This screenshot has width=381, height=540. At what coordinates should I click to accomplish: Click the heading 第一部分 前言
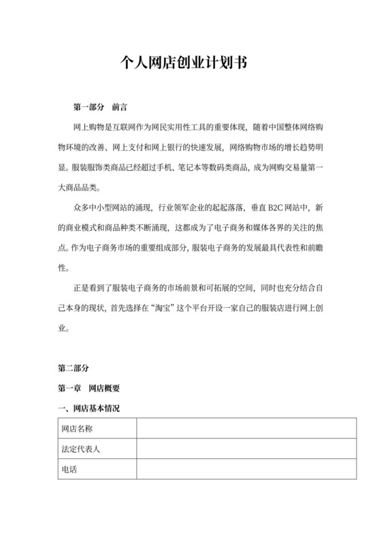101,108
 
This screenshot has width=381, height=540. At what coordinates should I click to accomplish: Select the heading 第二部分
73,368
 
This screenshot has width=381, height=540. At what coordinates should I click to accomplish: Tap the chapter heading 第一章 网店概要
89,389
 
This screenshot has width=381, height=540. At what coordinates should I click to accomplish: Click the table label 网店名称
77,430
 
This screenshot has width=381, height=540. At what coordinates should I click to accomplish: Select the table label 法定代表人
82,450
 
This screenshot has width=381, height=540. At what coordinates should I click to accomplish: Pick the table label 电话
69,470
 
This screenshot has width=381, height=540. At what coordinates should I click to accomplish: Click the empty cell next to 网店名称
246,430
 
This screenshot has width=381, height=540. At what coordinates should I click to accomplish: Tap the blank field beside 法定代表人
246,450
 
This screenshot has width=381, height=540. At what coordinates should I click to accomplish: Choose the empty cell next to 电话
246,470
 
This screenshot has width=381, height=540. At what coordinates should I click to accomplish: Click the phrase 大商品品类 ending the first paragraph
78,187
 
